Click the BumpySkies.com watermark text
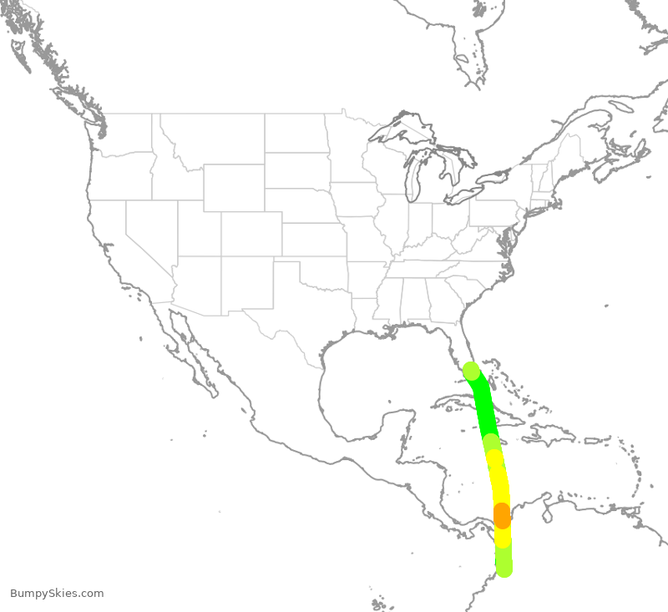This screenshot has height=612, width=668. click(x=57, y=594)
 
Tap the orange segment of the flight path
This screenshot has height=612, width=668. click(x=502, y=515)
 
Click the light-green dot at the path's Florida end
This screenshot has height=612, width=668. click(x=471, y=371)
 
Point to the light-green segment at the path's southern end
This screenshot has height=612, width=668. click(x=504, y=561)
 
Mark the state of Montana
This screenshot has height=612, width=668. click(x=217, y=138)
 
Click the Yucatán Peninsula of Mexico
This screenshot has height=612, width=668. click(x=401, y=434)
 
